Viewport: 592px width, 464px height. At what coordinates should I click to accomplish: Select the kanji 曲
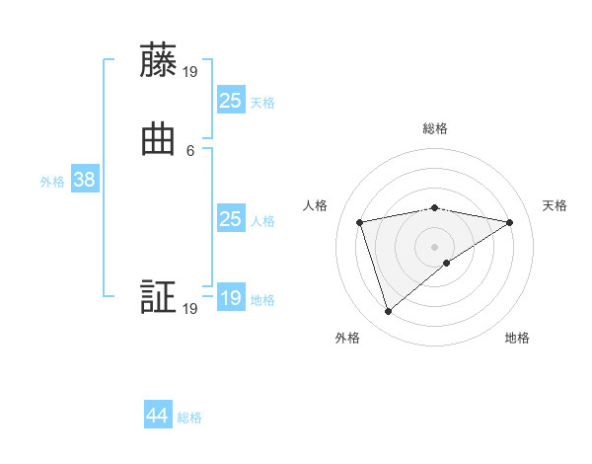[158, 141]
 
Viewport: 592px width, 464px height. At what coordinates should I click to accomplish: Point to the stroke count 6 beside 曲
[189, 150]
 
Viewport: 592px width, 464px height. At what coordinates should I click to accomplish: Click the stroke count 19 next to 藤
[189, 70]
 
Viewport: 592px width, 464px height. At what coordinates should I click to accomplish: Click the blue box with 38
[83, 180]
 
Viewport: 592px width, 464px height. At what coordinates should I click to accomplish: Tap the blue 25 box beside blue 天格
[230, 100]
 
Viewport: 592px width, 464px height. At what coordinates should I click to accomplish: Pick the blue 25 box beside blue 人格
[230, 219]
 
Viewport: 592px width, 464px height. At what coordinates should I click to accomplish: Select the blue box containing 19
[230, 297]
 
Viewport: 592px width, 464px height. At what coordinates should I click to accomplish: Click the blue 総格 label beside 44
[189, 418]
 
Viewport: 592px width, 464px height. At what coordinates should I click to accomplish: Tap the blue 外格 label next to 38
[52, 182]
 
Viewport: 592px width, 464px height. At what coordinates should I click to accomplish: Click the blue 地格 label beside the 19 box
[262, 300]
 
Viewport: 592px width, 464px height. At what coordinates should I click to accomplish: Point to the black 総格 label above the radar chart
[434, 128]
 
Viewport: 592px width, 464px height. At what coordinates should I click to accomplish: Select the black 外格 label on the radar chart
[347, 338]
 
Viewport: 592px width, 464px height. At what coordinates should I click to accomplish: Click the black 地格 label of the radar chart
[517, 338]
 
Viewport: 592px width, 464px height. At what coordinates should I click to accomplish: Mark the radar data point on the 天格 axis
[509, 222]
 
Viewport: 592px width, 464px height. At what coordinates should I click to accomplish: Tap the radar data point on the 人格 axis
[359, 221]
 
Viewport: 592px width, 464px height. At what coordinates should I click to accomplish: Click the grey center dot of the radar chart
[434, 246]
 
